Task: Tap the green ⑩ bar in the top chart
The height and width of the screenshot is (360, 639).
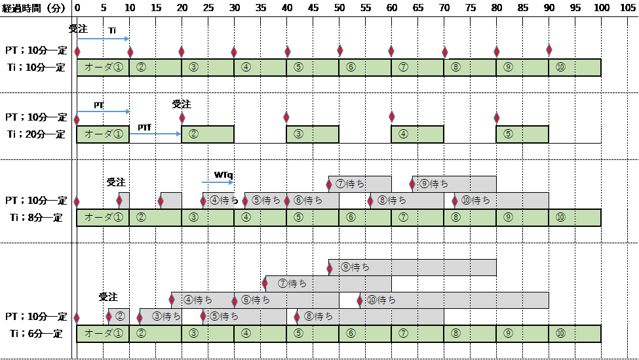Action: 574,68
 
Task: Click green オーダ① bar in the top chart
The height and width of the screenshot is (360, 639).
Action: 104,68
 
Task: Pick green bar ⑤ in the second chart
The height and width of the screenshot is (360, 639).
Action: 522,134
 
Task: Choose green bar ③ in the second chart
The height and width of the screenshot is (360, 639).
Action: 313,134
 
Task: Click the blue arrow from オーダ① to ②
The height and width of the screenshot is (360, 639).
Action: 155,133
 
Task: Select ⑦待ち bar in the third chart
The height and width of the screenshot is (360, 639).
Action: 360,184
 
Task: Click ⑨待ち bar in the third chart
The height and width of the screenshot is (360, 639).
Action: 454,184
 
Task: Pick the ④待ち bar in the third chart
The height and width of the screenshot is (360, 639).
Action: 219,201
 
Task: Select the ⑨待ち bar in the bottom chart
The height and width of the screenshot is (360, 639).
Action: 412,268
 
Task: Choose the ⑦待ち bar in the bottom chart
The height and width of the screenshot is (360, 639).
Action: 328,284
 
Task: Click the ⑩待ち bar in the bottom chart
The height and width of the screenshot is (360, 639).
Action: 454,300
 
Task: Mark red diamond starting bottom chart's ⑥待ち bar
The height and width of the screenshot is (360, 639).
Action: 235,300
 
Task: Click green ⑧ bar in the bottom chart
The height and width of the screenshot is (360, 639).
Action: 469,333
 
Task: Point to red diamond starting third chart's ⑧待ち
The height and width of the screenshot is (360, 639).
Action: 370,201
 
